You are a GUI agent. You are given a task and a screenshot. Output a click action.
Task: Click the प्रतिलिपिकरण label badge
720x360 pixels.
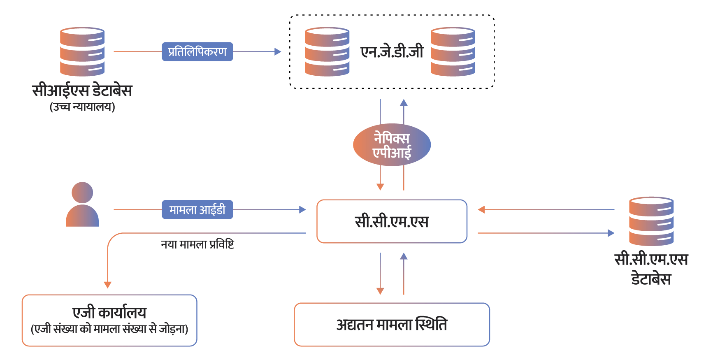point(197,52)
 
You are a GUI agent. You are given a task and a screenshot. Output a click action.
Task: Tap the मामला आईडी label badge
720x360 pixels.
point(197,210)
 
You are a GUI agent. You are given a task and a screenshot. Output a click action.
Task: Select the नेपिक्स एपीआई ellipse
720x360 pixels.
point(392,145)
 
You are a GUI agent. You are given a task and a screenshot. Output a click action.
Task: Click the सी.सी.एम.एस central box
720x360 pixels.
point(392,221)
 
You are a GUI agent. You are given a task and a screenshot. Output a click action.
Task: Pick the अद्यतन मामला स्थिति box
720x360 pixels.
point(392,325)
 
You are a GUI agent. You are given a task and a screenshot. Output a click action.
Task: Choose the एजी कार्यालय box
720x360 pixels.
point(109,321)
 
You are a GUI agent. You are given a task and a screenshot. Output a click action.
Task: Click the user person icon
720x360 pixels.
point(82,204)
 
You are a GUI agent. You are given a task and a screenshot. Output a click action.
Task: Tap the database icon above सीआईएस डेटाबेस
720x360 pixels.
point(82,52)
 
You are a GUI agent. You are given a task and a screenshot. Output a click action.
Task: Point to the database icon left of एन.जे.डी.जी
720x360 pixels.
point(327,52)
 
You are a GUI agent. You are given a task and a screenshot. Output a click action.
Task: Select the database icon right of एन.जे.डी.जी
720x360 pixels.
point(453,52)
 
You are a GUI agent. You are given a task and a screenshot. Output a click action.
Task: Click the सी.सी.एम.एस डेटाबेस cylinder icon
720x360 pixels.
point(651,221)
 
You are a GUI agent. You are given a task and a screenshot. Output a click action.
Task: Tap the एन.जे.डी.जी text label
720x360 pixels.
point(392,52)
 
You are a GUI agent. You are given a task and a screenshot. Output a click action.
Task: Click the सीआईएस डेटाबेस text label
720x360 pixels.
point(82,91)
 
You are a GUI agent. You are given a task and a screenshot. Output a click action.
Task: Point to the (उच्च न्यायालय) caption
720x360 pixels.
point(82,107)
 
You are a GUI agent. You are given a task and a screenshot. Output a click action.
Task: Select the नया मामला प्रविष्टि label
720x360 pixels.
point(197,244)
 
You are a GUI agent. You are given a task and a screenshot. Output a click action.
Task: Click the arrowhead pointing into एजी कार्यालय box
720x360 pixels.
point(108,285)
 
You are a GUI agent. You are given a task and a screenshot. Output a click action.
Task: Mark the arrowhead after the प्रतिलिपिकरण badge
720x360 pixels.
point(278,52)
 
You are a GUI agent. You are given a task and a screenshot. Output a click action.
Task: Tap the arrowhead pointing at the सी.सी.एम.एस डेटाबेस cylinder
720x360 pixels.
point(611,233)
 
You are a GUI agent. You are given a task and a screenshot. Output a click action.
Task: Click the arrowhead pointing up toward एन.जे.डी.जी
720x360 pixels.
point(404,102)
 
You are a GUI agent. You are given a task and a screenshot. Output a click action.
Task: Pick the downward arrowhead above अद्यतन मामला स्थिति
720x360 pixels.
point(380,291)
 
